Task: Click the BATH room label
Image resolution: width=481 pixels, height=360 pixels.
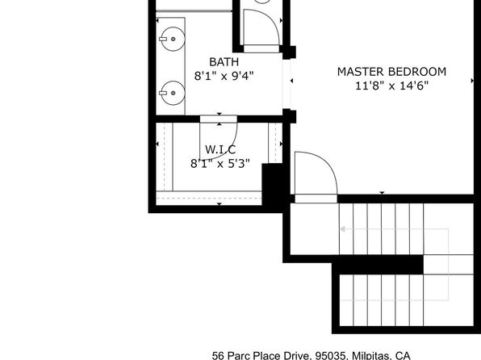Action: point(224,62)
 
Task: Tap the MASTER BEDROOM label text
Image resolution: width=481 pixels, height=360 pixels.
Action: point(391,72)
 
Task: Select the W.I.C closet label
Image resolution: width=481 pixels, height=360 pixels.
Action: point(220,150)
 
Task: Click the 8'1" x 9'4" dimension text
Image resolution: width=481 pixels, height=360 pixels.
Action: point(224,76)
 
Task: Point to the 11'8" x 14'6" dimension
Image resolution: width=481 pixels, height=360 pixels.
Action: point(391,86)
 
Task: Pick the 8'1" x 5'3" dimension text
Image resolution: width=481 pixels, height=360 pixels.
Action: point(220,164)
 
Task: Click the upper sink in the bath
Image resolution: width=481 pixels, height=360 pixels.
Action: point(173,39)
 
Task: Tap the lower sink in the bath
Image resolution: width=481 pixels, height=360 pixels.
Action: point(173,93)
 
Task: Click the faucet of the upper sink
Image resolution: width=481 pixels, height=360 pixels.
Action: point(163,39)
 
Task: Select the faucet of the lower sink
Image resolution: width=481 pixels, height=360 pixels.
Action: point(163,93)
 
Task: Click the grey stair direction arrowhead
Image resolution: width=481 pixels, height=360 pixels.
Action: point(343,229)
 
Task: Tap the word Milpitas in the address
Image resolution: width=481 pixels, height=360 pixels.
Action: point(371,356)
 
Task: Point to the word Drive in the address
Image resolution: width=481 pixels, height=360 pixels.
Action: point(295,356)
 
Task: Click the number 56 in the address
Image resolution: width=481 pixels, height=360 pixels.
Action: point(217,356)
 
